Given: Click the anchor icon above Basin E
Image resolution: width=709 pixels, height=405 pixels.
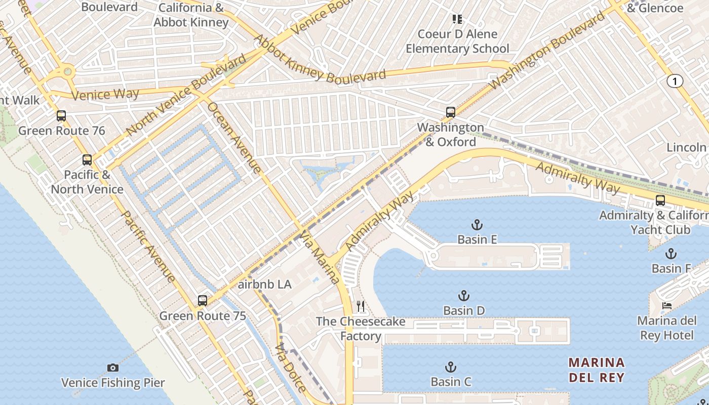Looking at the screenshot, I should [477, 224].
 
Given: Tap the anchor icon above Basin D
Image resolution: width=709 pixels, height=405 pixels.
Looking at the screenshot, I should [463, 296].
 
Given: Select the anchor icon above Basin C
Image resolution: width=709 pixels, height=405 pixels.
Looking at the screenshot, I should [450, 367].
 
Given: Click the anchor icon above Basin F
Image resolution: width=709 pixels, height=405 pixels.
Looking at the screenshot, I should [671, 254].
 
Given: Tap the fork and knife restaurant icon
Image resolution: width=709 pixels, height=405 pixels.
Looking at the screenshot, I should [361, 306].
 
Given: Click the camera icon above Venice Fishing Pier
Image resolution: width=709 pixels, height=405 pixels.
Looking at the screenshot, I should [113, 368].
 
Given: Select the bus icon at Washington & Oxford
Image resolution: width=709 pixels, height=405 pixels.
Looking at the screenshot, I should [450, 112].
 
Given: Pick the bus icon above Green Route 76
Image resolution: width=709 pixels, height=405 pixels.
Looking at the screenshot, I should [61, 116].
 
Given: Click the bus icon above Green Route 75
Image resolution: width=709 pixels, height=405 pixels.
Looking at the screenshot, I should [203, 301].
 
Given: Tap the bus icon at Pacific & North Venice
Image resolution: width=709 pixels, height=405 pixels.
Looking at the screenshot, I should [87, 160].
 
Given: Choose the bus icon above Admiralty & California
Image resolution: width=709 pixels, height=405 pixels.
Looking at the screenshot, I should [660, 200].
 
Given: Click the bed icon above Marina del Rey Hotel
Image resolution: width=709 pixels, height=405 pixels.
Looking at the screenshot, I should [667, 306].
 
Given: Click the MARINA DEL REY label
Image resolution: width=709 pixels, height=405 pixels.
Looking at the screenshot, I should [596, 370].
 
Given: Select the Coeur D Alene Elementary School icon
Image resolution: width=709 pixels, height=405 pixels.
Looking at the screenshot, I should [457, 20].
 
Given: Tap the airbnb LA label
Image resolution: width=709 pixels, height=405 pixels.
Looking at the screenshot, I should [264, 285].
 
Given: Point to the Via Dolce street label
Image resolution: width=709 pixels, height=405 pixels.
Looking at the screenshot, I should [291, 368].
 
